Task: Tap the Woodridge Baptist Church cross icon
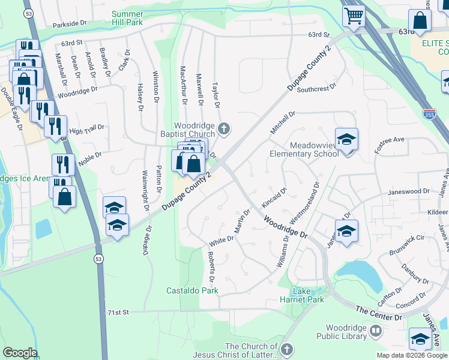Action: click(x=224, y=127)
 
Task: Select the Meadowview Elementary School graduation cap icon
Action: click(x=346, y=140)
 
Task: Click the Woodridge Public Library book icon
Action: click(x=375, y=330)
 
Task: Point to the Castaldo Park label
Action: click(x=192, y=290)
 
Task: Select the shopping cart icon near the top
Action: click(x=354, y=14)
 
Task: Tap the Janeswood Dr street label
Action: click(x=409, y=191)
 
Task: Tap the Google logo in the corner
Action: click(x=20, y=353)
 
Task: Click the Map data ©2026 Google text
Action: click(x=412, y=355)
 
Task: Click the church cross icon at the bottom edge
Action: click(x=287, y=349)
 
